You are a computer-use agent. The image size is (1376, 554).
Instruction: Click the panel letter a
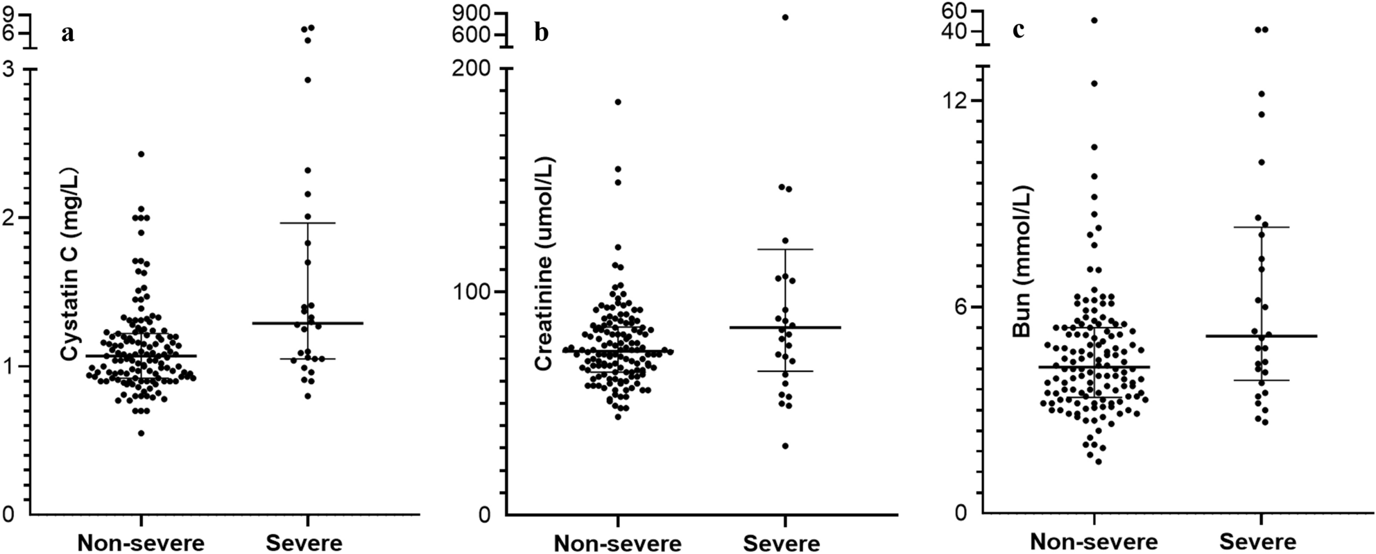(67, 34)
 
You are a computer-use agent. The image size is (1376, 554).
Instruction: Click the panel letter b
(542, 34)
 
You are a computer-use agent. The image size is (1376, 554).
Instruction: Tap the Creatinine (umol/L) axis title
(545, 264)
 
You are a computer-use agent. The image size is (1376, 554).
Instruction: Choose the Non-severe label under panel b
(617, 542)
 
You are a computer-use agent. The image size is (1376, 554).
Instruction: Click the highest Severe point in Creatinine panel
(786, 17)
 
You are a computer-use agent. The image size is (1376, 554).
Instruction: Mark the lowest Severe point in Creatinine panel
(786, 446)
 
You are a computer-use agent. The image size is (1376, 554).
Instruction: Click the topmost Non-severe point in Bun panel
(1094, 20)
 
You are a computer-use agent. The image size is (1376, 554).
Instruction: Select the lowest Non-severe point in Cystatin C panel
(141, 433)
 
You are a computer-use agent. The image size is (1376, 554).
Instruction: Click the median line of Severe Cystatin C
(308, 324)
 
